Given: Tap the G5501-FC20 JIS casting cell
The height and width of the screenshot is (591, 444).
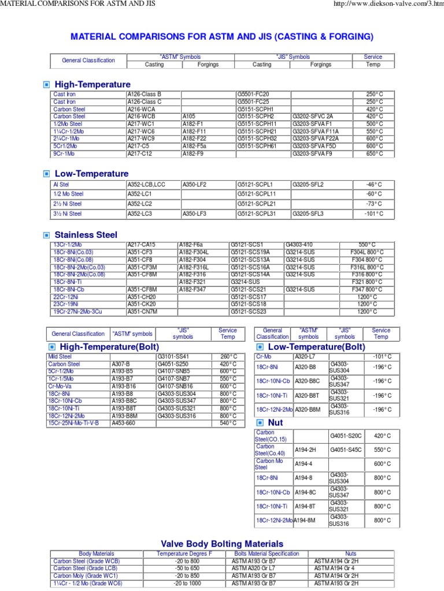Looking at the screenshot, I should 253,94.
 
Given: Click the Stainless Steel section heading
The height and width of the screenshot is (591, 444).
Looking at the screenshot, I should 86,235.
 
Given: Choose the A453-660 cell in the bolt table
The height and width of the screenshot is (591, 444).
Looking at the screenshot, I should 123,423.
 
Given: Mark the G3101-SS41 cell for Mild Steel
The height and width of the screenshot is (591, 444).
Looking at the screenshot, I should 173,357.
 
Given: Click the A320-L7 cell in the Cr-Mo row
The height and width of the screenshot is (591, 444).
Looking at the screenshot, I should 304,357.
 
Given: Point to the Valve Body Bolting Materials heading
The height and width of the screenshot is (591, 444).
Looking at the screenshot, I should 221,544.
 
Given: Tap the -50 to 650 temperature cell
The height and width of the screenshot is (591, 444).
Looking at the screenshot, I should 186,568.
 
